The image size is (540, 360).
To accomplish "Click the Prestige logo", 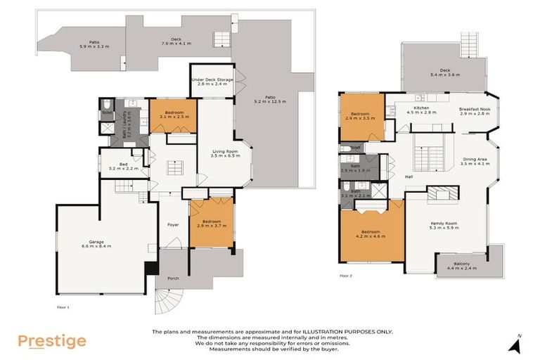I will tap(52, 342).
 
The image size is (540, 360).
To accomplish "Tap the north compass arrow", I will tap(518, 344).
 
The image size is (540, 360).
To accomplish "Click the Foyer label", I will tap(172, 225).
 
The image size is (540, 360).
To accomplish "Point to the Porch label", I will tap(174, 278).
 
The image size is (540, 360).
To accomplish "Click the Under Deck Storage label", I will tap(215, 82).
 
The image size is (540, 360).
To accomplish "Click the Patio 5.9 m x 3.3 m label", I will tap(94, 46).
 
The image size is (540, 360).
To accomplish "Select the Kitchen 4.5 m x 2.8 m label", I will tap(425, 110).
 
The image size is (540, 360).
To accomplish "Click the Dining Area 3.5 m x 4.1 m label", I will tap(474, 161).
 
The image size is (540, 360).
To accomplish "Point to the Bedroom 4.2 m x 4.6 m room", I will tap(371, 236).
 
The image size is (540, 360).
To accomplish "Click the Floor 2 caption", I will tap(346, 276).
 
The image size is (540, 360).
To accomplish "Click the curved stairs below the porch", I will tap(169, 304).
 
